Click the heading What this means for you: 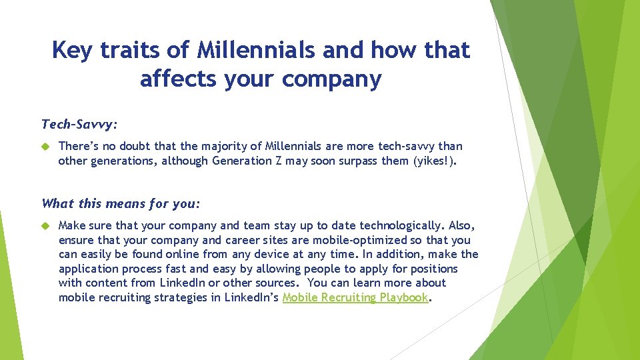pos(111,203)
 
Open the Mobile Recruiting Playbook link pos(355,297)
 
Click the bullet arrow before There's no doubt pos(46,146)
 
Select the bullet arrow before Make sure pos(46,225)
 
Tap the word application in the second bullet pos(89,269)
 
